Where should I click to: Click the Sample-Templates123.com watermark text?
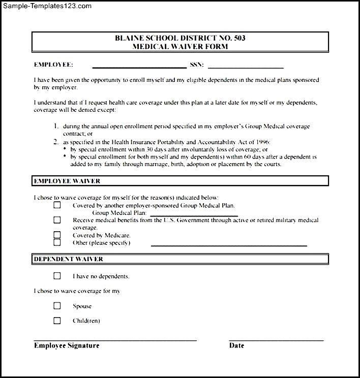(47, 6)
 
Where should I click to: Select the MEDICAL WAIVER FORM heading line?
(179, 46)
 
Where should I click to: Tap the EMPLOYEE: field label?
(53, 65)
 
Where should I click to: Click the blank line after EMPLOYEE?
(139, 67)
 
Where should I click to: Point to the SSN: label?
(197, 65)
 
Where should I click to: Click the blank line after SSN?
(246, 67)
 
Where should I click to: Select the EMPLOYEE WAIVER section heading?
(67, 181)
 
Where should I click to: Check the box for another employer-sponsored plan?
(57, 205)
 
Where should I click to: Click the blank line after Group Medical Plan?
(194, 215)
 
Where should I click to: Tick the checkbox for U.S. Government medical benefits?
(57, 220)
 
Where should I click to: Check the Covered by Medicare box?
(57, 235)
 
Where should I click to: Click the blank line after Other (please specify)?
(229, 245)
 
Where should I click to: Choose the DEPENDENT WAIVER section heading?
(68, 259)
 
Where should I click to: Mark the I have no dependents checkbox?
(57, 276)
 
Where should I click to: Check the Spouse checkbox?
(57, 306)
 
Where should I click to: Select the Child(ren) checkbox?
(57, 321)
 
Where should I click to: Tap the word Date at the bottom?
(236, 345)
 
